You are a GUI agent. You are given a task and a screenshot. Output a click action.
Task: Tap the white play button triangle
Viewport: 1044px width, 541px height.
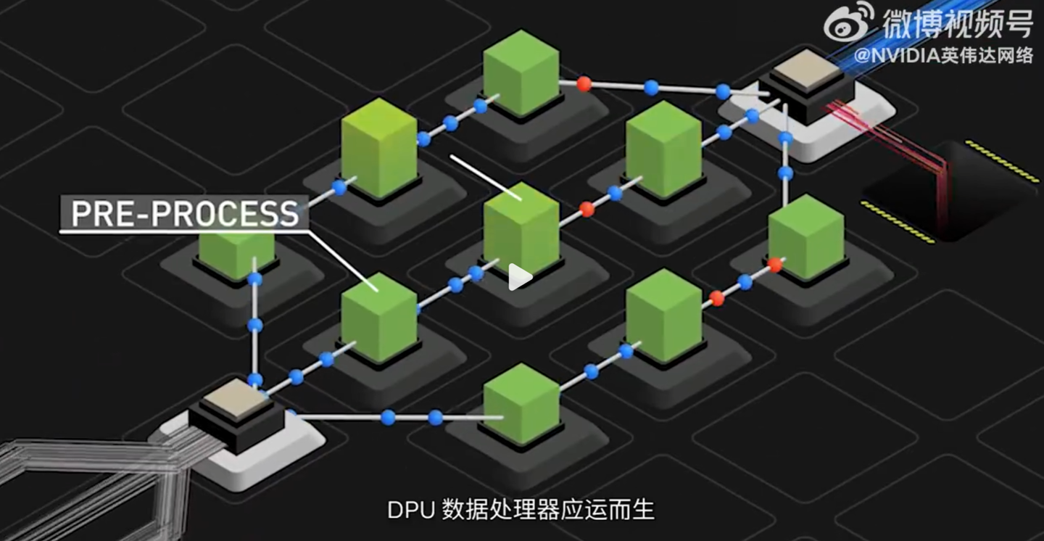519,277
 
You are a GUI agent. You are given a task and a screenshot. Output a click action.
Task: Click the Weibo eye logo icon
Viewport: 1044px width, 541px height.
849,22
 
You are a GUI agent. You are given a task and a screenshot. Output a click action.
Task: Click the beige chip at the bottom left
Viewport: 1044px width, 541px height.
235,398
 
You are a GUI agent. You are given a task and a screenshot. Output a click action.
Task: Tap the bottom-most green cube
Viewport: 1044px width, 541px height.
521,402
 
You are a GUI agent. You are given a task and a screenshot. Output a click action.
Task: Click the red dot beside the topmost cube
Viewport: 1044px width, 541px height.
584,83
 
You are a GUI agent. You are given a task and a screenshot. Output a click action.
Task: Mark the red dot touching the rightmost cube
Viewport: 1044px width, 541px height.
775,265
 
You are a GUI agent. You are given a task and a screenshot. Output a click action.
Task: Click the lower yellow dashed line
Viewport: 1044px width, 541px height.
897,222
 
